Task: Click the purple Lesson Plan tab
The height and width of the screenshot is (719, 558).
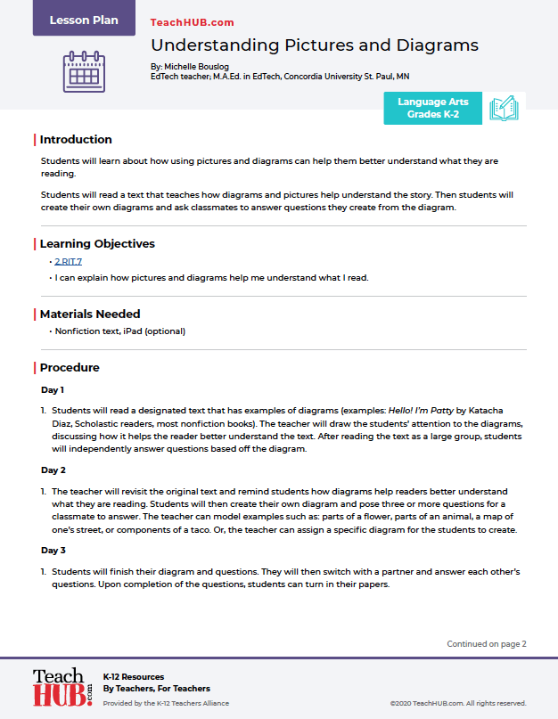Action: (x=84, y=19)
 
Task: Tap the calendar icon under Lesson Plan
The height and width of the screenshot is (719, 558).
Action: (x=84, y=72)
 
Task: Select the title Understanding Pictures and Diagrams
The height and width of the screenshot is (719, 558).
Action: (x=315, y=45)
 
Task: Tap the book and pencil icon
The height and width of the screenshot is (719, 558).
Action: (x=504, y=109)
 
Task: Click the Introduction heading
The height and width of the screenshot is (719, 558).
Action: (x=76, y=140)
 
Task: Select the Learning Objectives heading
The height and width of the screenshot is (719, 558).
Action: (x=97, y=244)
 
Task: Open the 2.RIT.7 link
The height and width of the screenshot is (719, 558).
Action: (x=69, y=262)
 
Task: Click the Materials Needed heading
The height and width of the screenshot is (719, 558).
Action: (x=90, y=315)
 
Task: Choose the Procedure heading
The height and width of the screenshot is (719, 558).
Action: (x=70, y=368)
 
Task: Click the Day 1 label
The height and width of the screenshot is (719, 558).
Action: (x=53, y=390)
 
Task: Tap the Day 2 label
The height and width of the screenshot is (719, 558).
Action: (x=53, y=470)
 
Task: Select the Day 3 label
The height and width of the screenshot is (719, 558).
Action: (x=53, y=551)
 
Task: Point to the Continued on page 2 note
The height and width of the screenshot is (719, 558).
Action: (x=487, y=644)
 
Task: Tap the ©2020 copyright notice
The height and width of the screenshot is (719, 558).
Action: (x=457, y=703)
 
